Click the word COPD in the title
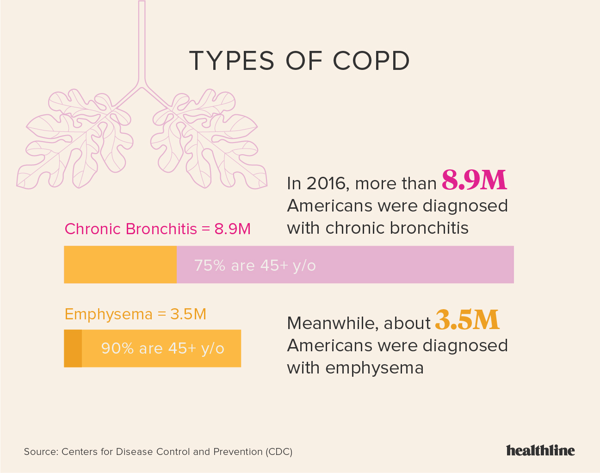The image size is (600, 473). point(371,61)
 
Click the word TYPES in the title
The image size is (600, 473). point(232,61)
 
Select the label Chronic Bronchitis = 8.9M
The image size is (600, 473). point(157,229)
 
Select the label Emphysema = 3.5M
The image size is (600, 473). point(135,314)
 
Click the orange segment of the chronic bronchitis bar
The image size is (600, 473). point(120,265)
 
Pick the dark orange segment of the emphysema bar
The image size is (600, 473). point(73,349)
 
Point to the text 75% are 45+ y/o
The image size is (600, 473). point(255,266)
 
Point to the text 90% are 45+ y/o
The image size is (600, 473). point(162,348)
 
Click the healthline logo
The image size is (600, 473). point(540,450)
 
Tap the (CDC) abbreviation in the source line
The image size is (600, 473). point(279,452)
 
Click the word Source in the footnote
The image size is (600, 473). point(40,452)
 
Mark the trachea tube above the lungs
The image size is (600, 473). point(142,42)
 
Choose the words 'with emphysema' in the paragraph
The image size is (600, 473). point(355,368)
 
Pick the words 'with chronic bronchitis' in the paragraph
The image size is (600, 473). point(377,228)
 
